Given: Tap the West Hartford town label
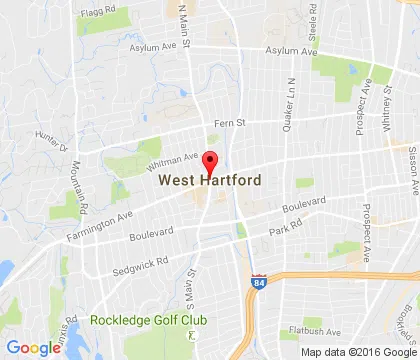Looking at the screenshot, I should tap(210, 180).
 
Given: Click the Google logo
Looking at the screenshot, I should tap(33, 348).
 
